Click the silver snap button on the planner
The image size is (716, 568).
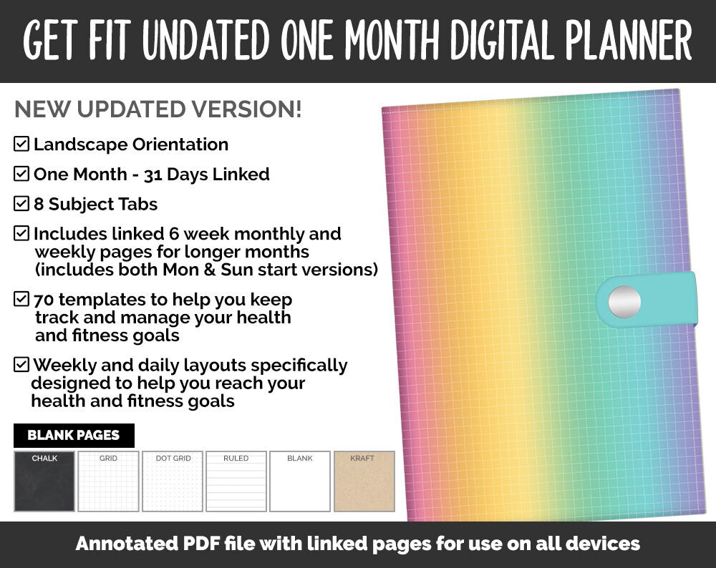click(x=624, y=301)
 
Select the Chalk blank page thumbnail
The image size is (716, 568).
click(x=44, y=481)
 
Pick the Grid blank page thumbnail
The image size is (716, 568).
click(x=108, y=481)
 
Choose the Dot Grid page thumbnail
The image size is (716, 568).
click(x=173, y=481)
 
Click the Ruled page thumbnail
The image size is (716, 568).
click(x=236, y=481)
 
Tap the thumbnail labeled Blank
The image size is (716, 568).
click(x=300, y=481)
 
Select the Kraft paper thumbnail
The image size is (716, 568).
click(x=364, y=481)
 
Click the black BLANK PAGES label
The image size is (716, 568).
click(x=74, y=435)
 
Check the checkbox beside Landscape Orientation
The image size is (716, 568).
click(x=21, y=144)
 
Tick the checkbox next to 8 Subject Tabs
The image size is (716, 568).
click(x=21, y=204)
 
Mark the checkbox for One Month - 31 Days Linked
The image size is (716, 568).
click(x=21, y=174)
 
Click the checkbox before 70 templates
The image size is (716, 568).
click(x=21, y=299)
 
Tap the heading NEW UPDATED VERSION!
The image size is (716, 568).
click(x=158, y=109)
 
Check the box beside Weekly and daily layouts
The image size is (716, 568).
click(x=21, y=365)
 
